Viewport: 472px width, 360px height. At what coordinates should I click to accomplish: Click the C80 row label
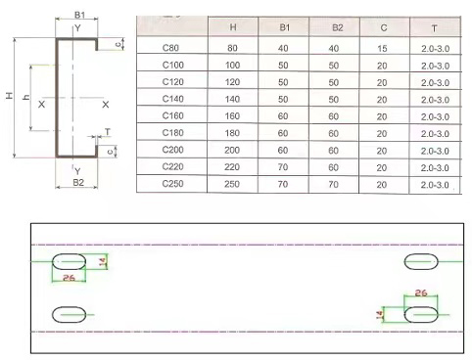pyautogui.click(x=170, y=48)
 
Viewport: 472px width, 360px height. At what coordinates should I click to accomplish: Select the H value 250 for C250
pyautogui.click(x=232, y=184)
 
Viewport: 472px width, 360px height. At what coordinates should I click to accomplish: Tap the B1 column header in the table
pyautogui.click(x=285, y=27)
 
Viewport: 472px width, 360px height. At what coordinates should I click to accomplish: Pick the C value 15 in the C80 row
pyautogui.click(x=382, y=49)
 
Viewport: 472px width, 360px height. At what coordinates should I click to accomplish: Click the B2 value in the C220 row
pyautogui.click(x=333, y=167)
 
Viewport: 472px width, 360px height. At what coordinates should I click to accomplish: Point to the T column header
pyautogui.click(x=434, y=28)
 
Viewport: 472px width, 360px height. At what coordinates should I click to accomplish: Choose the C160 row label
pyautogui.click(x=173, y=115)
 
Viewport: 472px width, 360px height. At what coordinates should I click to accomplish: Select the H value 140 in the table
pyautogui.click(x=232, y=99)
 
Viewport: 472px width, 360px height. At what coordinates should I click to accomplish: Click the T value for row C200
pyautogui.click(x=435, y=151)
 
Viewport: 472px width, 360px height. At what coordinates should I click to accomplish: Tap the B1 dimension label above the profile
pyautogui.click(x=79, y=15)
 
